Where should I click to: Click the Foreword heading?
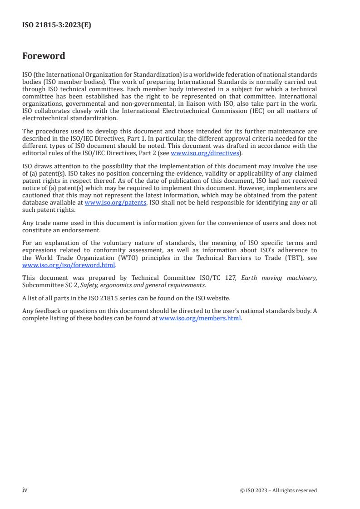(x=44, y=56)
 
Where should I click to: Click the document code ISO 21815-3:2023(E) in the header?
(x=56, y=25)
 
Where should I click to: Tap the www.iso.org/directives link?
(x=204, y=153)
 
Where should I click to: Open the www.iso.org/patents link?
(x=115, y=203)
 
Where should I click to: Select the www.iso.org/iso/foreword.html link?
(x=69, y=265)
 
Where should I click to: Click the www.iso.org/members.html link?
(x=200, y=318)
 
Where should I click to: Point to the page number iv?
(x=25, y=490)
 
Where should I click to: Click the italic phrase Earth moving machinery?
(x=279, y=278)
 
